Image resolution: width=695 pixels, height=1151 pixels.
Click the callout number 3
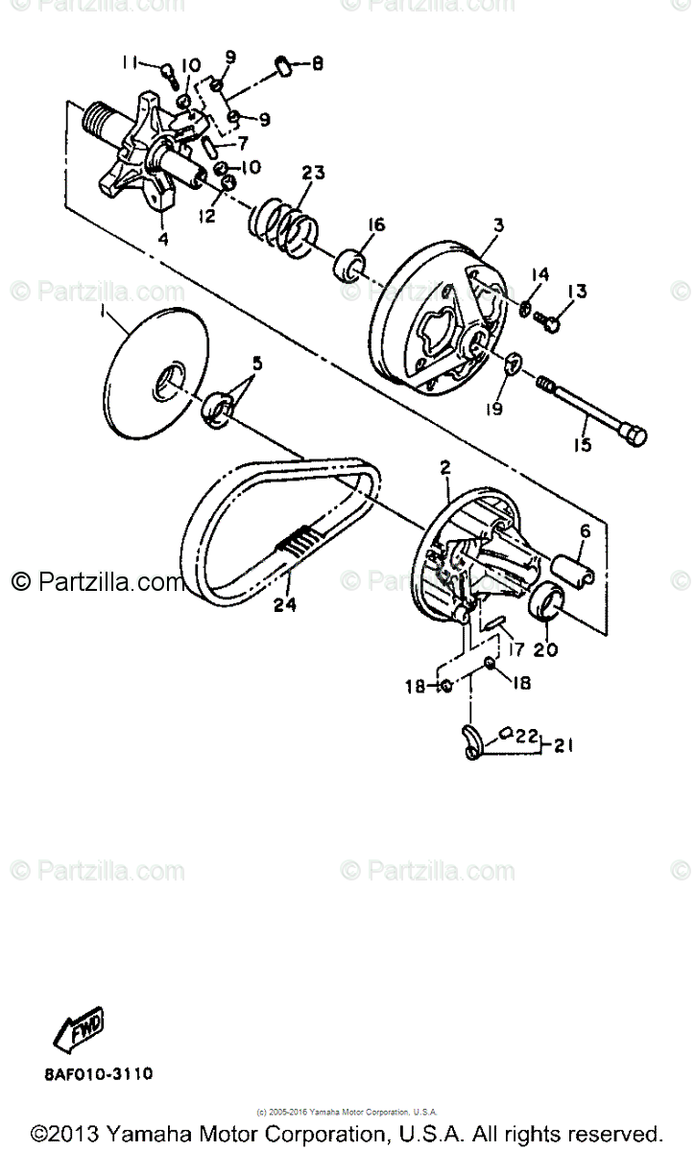pos(499,224)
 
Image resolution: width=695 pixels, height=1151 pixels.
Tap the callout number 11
pos(131,64)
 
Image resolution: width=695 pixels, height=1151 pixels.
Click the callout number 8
pos(316,64)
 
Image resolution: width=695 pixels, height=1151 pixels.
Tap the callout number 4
pos(162,238)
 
